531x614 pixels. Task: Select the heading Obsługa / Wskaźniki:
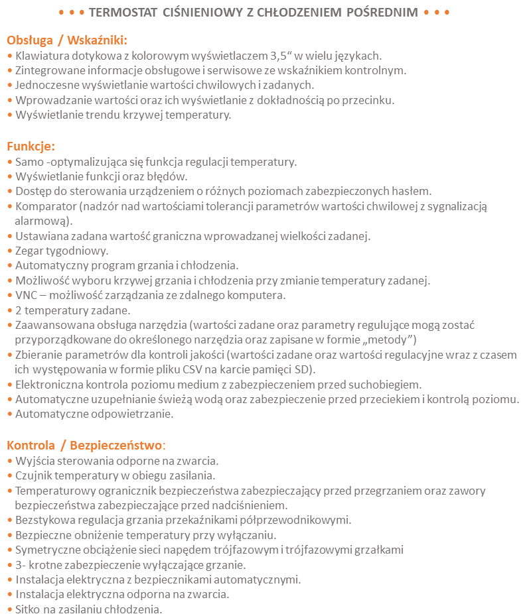pyautogui.click(x=66, y=40)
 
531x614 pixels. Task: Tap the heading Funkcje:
pyautogui.click(x=31, y=146)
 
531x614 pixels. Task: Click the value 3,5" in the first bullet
pyautogui.click(x=283, y=55)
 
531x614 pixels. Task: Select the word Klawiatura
pyautogui.click(x=41, y=55)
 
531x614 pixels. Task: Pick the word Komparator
pyautogui.click(x=45, y=206)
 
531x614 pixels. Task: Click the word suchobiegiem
pyautogui.click(x=387, y=384)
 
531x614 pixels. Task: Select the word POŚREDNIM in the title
pyautogui.click(x=382, y=13)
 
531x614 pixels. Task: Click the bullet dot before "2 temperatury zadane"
pyautogui.click(x=9, y=310)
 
